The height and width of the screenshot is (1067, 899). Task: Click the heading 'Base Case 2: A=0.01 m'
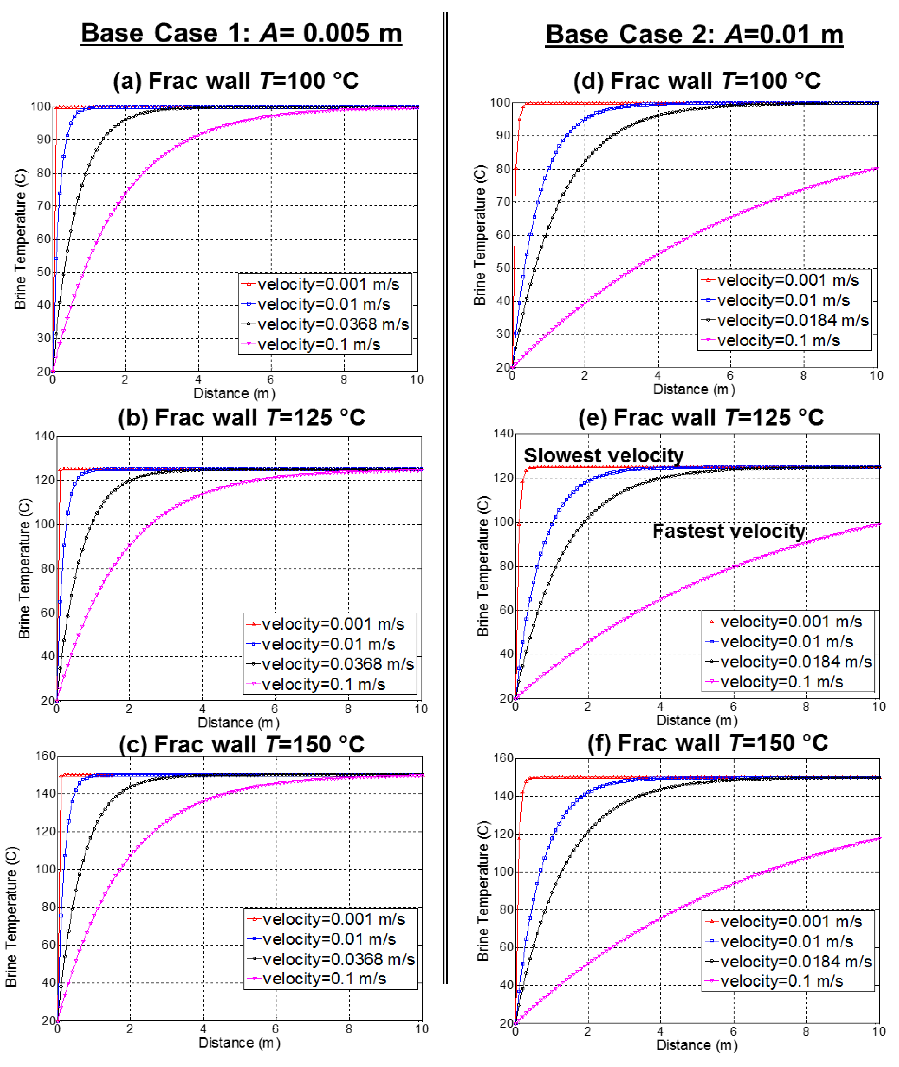pyautogui.click(x=694, y=35)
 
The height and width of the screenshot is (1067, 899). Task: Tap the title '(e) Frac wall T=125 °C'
pyautogui.click(x=701, y=417)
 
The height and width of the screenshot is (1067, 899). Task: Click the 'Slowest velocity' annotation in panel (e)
pyautogui.click(x=603, y=455)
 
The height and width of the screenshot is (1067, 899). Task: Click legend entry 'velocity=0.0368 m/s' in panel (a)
pyautogui.click(x=333, y=324)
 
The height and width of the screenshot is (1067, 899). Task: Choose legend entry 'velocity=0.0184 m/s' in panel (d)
pyautogui.click(x=792, y=320)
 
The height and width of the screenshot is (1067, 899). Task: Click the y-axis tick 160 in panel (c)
pyautogui.click(x=45, y=756)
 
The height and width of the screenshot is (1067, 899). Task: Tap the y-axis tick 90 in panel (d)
pyautogui.click(x=503, y=136)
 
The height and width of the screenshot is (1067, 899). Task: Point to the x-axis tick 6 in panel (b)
pyautogui.click(x=275, y=709)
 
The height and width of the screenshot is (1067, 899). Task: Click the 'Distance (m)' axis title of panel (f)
pyautogui.click(x=697, y=1045)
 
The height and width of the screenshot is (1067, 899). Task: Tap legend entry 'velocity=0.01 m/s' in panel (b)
pyautogui.click(x=328, y=644)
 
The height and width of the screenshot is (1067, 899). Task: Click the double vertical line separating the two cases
pyautogui.click(x=445, y=499)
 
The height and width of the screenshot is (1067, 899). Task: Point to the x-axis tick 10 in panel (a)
pyautogui.click(x=417, y=379)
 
